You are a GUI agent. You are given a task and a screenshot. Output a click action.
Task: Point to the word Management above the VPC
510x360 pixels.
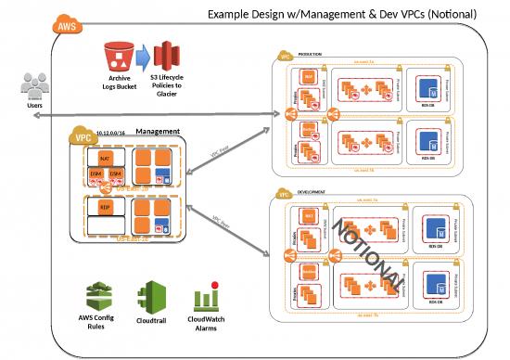coord(158,133)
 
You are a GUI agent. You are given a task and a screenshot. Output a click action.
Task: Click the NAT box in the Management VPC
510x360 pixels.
coord(105,161)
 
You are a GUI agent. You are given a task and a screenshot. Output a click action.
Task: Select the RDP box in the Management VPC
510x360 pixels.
coord(105,209)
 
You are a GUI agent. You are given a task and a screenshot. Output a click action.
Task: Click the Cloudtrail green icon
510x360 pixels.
coord(149,298)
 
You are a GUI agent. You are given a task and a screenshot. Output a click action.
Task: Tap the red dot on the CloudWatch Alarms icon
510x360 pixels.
coord(214,284)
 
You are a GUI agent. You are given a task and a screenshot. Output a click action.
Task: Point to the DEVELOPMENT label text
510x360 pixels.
coord(312,196)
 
